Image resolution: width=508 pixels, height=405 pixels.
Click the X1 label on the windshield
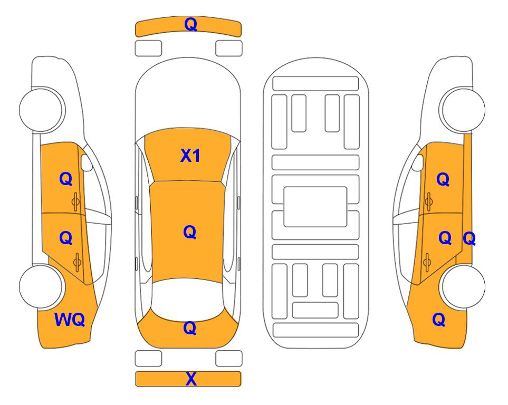(x=190, y=156)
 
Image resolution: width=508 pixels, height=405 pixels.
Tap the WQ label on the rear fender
(x=70, y=320)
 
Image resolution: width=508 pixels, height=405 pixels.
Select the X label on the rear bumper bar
(x=191, y=379)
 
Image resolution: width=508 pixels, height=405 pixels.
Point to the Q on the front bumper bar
(x=191, y=24)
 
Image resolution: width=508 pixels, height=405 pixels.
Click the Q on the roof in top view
(x=190, y=233)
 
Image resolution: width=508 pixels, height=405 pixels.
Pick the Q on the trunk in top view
(x=190, y=328)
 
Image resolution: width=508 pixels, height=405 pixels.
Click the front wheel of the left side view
(x=41, y=110)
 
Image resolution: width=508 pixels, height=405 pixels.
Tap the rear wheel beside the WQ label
(x=41, y=286)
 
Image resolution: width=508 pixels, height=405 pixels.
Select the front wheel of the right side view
(x=462, y=110)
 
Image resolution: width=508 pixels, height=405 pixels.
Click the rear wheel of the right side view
(x=462, y=286)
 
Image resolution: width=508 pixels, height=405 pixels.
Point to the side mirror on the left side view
(x=87, y=162)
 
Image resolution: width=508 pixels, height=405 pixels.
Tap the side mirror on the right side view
(x=418, y=162)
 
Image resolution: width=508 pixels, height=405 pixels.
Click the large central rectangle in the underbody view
(x=315, y=207)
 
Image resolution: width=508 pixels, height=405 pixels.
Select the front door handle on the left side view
(x=76, y=201)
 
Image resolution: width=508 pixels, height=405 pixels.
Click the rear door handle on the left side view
(x=77, y=262)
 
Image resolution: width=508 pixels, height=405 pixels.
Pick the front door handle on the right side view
(x=429, y=201)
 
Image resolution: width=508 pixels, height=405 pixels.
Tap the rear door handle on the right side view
(x=427, y=262)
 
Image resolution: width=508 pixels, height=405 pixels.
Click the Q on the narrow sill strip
(x=469, y=239)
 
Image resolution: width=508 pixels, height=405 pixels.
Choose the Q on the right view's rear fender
(x=439, y=320)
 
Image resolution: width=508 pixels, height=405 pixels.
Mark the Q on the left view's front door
(x=66, y=179)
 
